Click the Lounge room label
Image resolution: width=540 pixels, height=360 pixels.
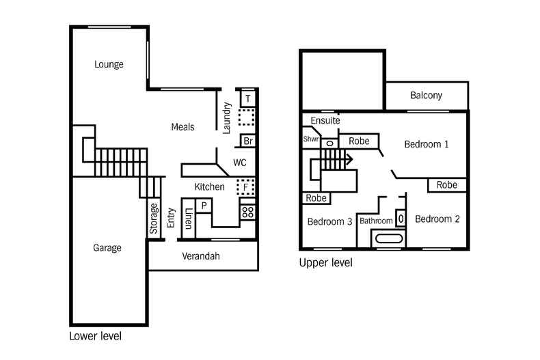109,65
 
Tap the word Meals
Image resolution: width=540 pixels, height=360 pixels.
183,127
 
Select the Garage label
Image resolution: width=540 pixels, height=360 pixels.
107,248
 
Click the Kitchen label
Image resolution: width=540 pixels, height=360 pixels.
209,186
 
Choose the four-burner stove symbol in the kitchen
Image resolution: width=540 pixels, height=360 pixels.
247,212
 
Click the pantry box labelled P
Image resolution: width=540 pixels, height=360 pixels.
204,206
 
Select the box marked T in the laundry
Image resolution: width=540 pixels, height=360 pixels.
247,98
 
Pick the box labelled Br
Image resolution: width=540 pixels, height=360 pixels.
247,142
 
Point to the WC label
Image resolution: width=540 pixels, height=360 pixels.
239,163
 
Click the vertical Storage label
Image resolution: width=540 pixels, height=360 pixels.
154,219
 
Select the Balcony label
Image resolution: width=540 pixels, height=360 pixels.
426,96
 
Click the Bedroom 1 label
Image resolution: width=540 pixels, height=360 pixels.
427,144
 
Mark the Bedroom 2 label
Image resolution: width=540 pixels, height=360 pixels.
437,219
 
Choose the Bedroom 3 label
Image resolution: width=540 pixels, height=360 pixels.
329,221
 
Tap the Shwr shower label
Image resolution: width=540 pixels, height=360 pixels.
310,139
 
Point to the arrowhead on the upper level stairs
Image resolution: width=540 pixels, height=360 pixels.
349,160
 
